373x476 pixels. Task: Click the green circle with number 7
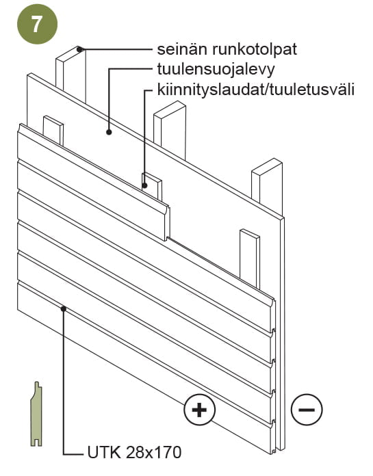[37, 24]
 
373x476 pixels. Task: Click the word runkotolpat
[254, 50]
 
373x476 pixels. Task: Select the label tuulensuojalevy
[216, 70]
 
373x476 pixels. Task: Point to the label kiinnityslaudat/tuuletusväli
[256, 90]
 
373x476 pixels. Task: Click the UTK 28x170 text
[134, 452]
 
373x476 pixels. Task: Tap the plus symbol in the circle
[200, 410]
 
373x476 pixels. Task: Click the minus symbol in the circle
[307, 410]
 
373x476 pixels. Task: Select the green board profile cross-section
[36, 414]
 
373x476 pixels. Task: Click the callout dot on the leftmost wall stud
[79, 49]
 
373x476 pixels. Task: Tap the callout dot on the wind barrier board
[109, 132]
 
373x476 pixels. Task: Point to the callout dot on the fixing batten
[144, 185]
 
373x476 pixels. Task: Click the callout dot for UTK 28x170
[64, 308]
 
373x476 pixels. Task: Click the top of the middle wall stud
[170, 109]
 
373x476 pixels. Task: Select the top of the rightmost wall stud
[267, 166]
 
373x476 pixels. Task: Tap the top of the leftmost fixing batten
[53, 120]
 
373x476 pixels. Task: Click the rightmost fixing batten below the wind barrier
[250, 258]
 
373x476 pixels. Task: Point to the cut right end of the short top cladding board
[167, 222]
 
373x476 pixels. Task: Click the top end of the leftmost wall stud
[70, 55]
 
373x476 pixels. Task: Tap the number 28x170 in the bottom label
[153, 452]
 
